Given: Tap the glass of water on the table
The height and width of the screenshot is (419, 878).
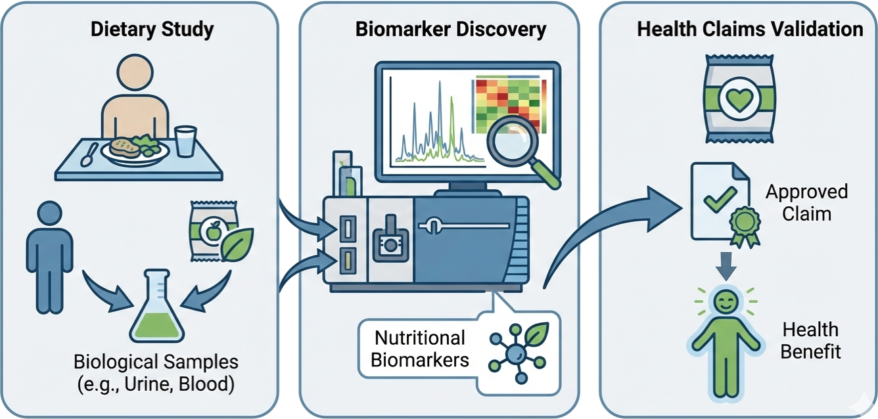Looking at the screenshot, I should pos(187,142).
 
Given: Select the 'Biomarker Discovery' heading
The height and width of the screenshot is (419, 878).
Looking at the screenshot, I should pos(450,30).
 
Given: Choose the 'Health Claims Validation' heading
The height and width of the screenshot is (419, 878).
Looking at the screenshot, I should pos(750,30).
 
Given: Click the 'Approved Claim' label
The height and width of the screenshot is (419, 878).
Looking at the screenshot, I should pos(806,203).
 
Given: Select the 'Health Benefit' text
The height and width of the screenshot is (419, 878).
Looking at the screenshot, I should pos(810,340).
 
